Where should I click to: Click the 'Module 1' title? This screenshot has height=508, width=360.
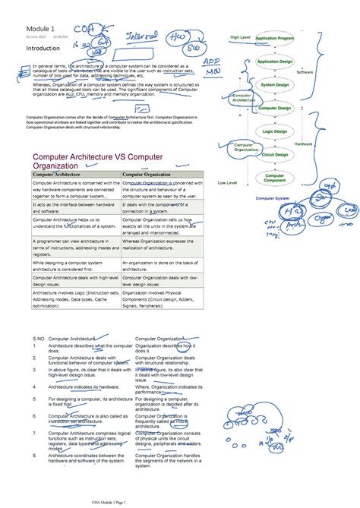coord(42,29)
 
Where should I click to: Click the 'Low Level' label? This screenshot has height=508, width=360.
coord(227,183)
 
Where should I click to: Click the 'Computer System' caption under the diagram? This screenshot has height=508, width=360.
coord(272,198)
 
